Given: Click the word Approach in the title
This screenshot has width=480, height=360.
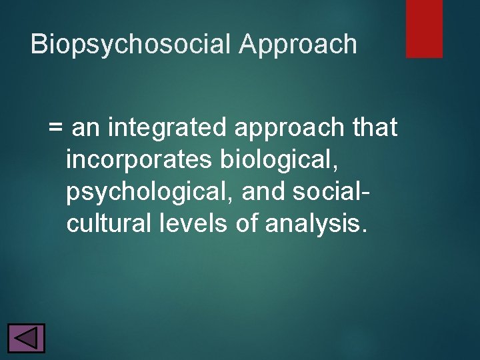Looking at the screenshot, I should [299, 45].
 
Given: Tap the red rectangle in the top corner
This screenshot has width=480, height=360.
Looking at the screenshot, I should [424, 29].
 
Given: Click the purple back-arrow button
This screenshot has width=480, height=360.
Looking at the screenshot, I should [26, 338].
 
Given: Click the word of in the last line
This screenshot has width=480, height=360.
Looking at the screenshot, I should [246, 224].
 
